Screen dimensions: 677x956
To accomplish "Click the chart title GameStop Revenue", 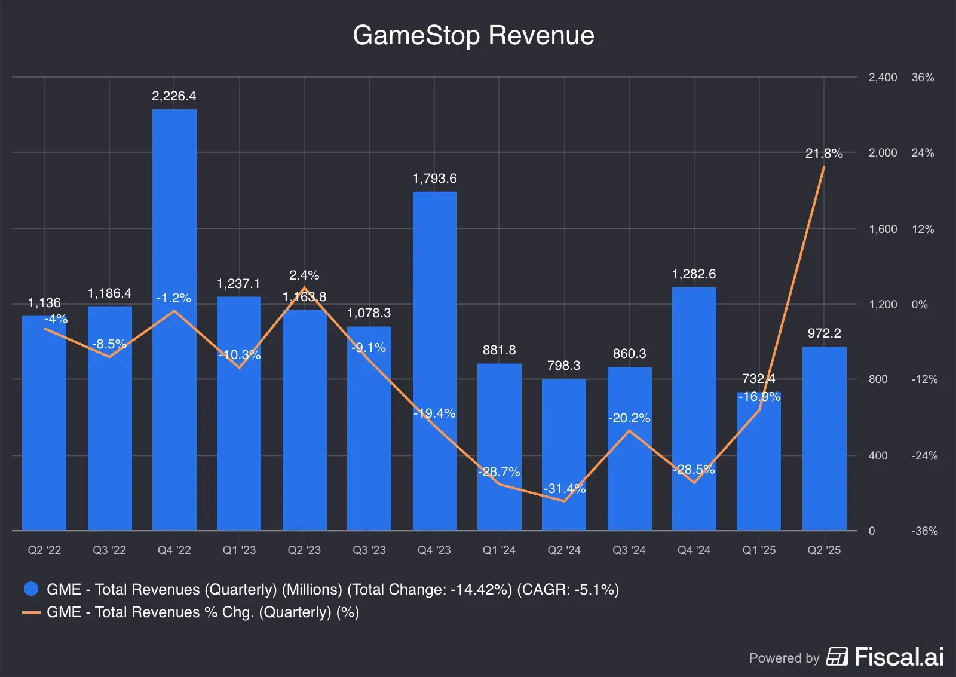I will (x=473, y=35).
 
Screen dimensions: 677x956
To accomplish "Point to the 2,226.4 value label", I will (x=174, y=96).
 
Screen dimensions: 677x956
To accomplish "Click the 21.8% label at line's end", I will (x=824, y=154).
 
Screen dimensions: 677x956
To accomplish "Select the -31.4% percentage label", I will (x=564, y=489).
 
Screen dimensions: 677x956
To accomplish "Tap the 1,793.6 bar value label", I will (x=434, y=179).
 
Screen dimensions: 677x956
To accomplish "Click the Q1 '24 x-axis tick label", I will (x=499, y=550).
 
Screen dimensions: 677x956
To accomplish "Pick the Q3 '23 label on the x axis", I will (x=369, y=550).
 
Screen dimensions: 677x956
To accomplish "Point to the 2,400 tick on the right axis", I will (x=883, y=78).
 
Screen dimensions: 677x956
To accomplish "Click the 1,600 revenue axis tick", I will (x=883, y=229).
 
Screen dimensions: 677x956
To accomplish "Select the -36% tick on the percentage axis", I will (x=924, y=531).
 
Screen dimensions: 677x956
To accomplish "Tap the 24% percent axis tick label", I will (x=923, y=153).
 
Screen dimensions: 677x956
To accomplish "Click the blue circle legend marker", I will (x=31, y=589).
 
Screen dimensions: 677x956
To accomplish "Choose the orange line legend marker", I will (x=31, y=612).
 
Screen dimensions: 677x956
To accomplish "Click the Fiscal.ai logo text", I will (x=899, y=657).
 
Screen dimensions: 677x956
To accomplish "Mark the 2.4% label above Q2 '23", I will (x=304, y=275).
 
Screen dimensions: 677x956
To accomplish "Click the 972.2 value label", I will (x=824, y=333).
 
